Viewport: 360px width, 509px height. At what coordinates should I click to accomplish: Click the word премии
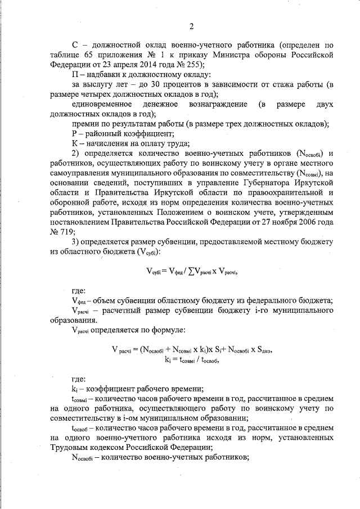coord(87,124)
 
